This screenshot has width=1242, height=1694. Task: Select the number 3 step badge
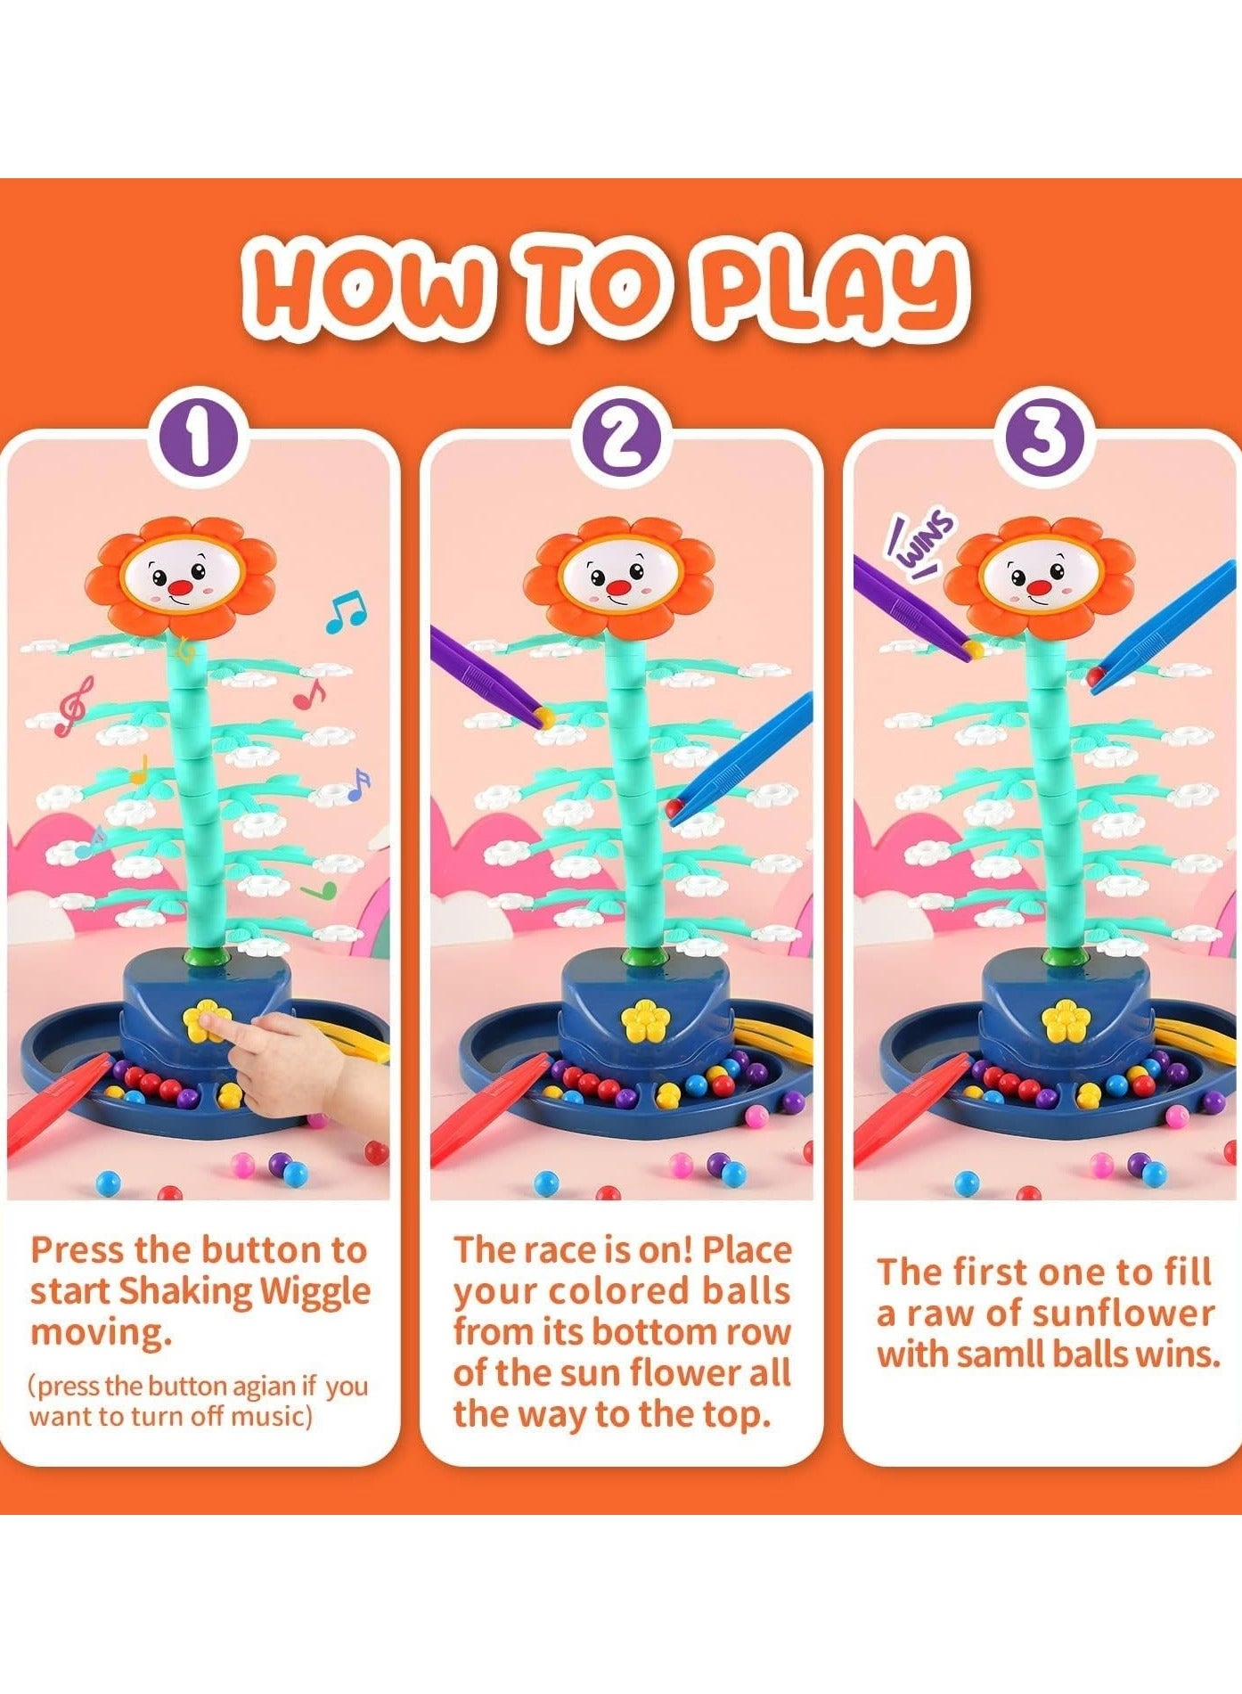click(1043, 440)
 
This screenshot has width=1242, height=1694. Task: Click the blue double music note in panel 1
click(345, 611)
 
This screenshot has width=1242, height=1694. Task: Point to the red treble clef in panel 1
click(73, 705)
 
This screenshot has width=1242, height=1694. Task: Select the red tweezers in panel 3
click(908, 1110)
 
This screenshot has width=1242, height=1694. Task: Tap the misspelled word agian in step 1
click(261, 1387)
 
